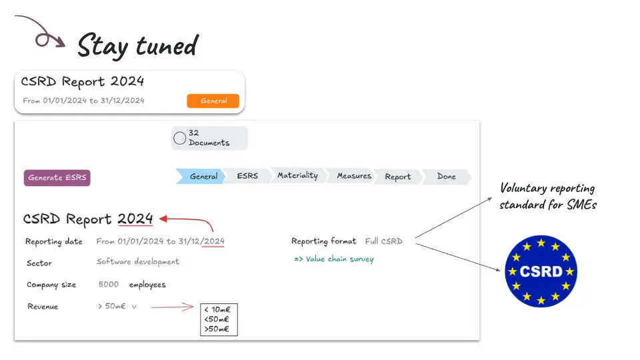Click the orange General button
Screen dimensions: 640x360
tap(213, 101)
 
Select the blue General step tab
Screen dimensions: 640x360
tap(201, 176)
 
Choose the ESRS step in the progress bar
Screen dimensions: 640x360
tap(247, 176)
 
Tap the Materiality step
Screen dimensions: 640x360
tap(297, 176)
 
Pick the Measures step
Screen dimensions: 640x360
tap(353, 176)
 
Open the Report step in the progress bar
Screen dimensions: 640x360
tap(397, 177)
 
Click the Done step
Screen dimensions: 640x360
tap(446, 177)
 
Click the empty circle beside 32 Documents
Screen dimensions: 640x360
tap(179, 139)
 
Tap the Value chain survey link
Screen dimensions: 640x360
tap(334, 259)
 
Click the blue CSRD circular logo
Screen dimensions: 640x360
tap(541, 271)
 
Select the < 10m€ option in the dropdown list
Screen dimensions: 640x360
tap(217, 310)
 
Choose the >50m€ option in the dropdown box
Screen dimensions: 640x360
tap(217, 329)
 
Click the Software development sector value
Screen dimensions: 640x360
tap(138, 261)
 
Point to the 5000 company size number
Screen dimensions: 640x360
tap(109, 284)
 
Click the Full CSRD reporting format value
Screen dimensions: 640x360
tap(384, 241)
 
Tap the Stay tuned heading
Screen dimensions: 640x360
tap(138, 46)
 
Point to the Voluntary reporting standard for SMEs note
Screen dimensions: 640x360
tap(548, 196)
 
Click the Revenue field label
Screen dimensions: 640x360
tap(43, 307)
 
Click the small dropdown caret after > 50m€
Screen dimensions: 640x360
tap(134, 307)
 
